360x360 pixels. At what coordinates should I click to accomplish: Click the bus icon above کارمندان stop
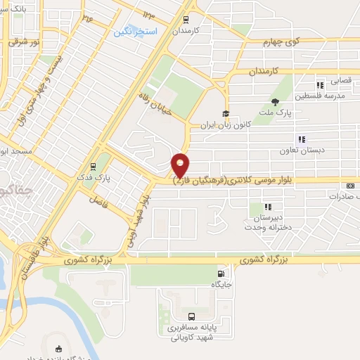tap(186, 20)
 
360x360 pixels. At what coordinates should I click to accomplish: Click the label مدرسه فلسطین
tap(319, 96)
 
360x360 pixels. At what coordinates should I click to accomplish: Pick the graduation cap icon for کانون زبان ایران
tap(226, 114)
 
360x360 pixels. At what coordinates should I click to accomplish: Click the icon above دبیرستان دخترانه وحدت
tap(268, 207)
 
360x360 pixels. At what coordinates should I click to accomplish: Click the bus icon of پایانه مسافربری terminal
tap(193, 316)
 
